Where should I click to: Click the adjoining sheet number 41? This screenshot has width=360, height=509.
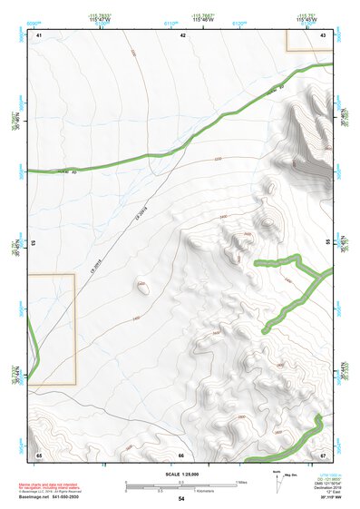39,34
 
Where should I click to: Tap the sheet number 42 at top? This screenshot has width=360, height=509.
182,34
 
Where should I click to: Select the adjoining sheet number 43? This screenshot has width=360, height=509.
324,34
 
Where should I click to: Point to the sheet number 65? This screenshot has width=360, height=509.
39,455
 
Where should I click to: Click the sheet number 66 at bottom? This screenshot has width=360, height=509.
181,455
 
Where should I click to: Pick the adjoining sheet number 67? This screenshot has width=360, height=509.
324,455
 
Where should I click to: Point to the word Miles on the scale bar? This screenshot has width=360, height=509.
241,482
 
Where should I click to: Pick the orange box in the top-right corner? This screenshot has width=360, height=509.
309,40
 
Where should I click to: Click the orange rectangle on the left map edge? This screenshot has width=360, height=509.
51,330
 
